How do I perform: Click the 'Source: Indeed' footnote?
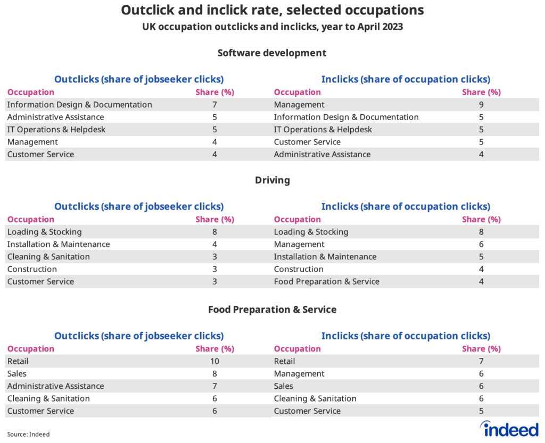[x=28, y=434]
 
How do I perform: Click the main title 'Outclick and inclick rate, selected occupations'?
[x=272, y=10]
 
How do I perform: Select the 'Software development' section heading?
[x=272, y=53]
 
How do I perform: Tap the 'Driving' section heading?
[x=272, y=180]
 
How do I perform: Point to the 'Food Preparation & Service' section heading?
[x=272, y=309]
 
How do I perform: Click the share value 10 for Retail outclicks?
[x=214, y=361]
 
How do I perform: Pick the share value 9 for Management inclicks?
[x=481, y=105]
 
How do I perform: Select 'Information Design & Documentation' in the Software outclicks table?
[x=79, y=105]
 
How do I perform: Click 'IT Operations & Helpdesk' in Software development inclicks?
[x=323, y=130]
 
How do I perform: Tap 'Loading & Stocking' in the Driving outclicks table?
[x=44, y=232]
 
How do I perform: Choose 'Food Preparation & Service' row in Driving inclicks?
[x=326, y=282]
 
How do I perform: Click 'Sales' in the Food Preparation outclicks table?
[x=17, y=373]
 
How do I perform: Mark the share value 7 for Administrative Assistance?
[x=214, y=386]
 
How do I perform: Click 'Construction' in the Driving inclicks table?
[x=299, y=269]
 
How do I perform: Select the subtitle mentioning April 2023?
[x=272, y=27]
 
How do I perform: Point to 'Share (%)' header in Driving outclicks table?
[x=214, y=219]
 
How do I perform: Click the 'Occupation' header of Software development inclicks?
[x=297, y=92]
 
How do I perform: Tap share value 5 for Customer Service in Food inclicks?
[x=481, y=411]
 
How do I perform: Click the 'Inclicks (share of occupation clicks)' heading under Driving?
[x=406, y=207]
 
